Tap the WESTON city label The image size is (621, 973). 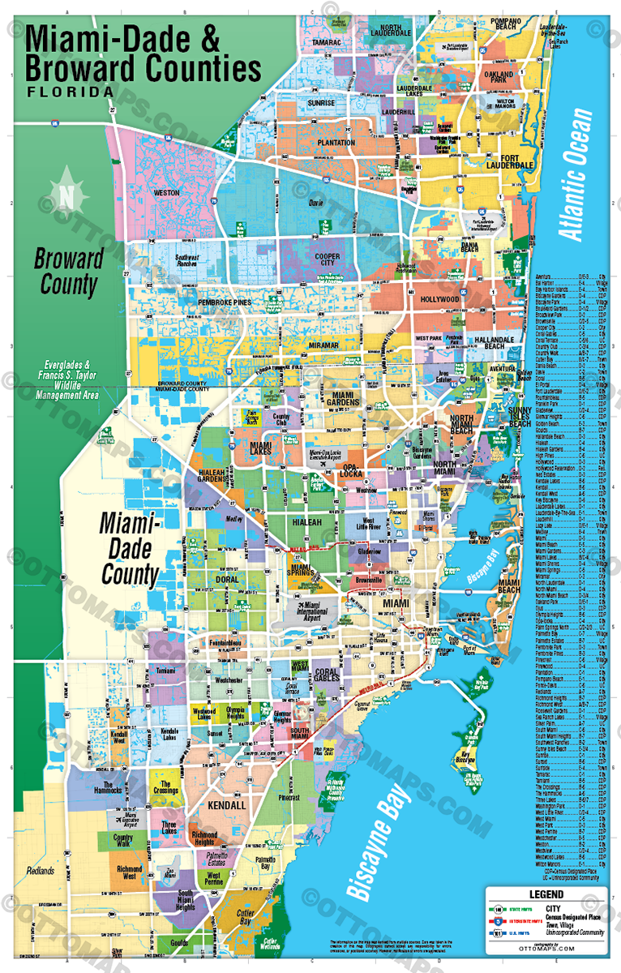pos(165,193)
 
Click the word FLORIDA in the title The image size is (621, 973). pos(71,92)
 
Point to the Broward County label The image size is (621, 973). pos(68,272)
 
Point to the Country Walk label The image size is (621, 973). pos(123,841)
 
